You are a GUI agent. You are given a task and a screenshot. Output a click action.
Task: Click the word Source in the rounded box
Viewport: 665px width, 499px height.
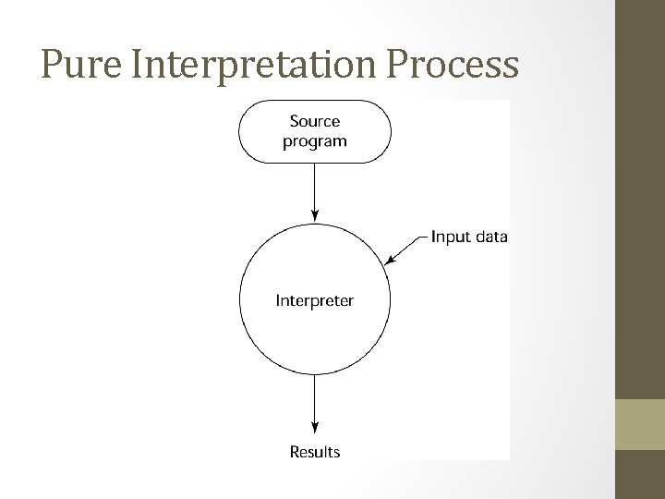pos(315,121)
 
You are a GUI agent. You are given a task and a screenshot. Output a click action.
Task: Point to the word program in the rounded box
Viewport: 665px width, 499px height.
pos(315,141)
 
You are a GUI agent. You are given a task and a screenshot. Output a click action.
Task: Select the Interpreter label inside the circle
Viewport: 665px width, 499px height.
pos(315,300)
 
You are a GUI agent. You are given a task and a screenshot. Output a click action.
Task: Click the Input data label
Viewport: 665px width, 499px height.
pos(469,236)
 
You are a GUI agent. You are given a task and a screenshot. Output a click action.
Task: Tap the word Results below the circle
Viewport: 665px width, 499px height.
pos(315,452)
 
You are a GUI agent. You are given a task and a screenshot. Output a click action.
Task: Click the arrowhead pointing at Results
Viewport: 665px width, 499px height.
pos(315,428)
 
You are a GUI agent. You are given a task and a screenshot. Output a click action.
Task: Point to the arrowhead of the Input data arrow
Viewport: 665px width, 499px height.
pos(391,262)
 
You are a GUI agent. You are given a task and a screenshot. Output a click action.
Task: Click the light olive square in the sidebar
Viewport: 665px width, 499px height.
pos(639,424)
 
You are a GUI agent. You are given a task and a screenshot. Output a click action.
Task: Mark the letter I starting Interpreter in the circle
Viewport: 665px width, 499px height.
pos(279,300)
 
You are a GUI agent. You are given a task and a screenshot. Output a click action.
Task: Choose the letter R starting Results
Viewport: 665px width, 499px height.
pos(295,452)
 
